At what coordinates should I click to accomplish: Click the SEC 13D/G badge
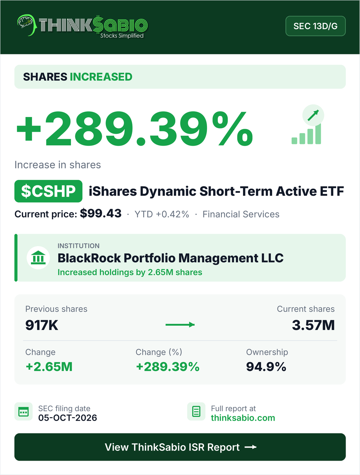pos(315,26)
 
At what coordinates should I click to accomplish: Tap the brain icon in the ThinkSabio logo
pos(25,23)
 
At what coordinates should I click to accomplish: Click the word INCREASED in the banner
pos(101,77)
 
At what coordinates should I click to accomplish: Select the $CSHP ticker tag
pos(48,191)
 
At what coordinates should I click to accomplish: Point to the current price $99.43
pos(101,213)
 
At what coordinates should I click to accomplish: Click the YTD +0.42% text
pos(162,214)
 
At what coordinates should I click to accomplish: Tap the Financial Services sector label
pos(241,214)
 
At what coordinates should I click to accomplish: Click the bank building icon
pos(38,258)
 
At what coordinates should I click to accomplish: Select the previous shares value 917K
pos(42,325)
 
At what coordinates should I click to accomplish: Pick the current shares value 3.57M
pos(313,325)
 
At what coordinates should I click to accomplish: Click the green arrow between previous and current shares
pos(180,325)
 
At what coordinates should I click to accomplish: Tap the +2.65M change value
pos(49,367)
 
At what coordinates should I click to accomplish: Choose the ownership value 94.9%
pos(266,367)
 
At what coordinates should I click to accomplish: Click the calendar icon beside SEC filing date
pos(23,411)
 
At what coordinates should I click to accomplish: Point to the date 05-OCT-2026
pos(68,418)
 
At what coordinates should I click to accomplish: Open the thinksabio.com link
pos(243,418)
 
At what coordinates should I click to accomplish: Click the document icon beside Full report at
pos(196,411)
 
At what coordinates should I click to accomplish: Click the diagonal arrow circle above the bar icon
pos(313,115)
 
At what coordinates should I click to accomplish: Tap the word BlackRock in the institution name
pos(89,258)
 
